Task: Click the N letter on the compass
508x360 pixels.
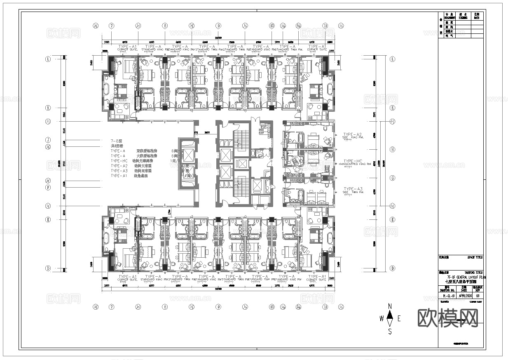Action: pyautogui.click(x=390, y=306)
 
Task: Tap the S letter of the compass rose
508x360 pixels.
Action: pyautogui.click(x=390, y=331)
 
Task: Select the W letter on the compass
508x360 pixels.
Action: pyautogui.click(x=382, y=318)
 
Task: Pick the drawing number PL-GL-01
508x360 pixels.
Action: pyautogui.click(x=446, y=296)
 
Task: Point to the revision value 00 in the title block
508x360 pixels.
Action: pyautogui.click(x=478, y=296)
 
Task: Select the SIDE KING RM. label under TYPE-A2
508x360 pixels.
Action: pyautogui.click(x=353, y=138)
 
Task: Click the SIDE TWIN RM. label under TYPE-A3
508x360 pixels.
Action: pyautogui.click(x=353, y=193)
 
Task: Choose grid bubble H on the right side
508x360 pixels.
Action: pyautogui.click(x=393, y=149)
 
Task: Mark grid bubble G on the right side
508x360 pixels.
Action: pyautogui.click(x=393, y=178)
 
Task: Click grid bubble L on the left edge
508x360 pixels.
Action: pyautogui.click(x=48, y=59)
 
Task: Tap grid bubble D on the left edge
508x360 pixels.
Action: pyautogui.click(x=48, y=268)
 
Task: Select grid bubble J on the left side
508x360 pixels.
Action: pyautogui.click(x=48, y=139)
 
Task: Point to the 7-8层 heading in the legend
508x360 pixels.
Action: pyautogui.click(x=116, y=141)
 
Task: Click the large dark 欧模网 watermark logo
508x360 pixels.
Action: pyautogui.click(x=448, y=318)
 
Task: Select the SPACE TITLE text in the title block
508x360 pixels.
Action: pyautogui.click(x=475, y=257)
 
